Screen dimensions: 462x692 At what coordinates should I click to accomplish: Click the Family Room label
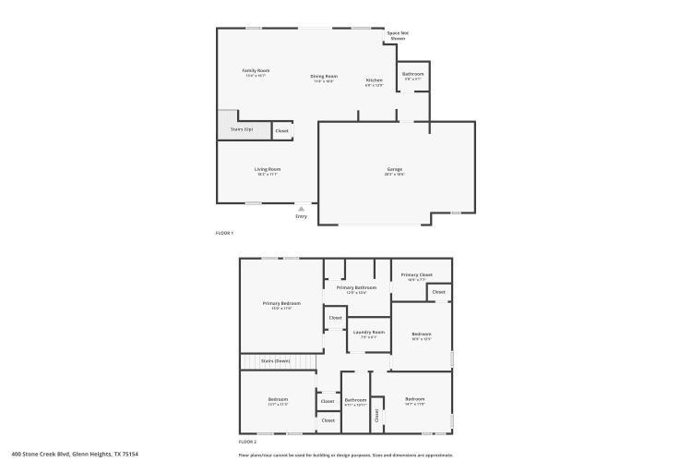(x=256, y=71)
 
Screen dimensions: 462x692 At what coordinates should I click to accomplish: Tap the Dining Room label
(x=324, y=77)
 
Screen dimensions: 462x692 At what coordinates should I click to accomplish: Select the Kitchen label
(x=374, y=80)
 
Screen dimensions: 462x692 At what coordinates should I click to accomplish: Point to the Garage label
(x=395, y=169)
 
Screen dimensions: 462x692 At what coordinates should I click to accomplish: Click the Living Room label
(x=268, y=169)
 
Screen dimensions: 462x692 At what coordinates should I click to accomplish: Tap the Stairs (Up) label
(x=242, y=129)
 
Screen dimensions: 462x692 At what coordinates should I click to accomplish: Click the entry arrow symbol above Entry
(x=301, y=209)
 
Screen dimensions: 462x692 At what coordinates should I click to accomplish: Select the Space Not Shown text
(x=398, y=36)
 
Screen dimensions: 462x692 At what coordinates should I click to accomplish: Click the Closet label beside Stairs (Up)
(x=281, y=131)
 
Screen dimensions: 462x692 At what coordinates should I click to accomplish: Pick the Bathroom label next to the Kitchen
(x=412, y=74)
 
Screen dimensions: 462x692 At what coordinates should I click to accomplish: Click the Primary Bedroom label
(x=281, y=303)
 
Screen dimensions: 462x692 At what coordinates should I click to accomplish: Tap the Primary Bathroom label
(x=356, y=287)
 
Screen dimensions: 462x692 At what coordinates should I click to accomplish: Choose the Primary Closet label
(x=417, y=274)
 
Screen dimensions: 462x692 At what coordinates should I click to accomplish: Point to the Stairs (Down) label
(x=275, y=360)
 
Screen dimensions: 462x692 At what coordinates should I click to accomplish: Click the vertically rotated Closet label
(x=376, y=416)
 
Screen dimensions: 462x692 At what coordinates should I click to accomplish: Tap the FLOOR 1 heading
(x=224, y=233)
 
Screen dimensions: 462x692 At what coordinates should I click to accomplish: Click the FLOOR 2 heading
(x=248, y=442)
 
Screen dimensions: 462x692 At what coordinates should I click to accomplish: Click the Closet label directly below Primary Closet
(x=438, y=292)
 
